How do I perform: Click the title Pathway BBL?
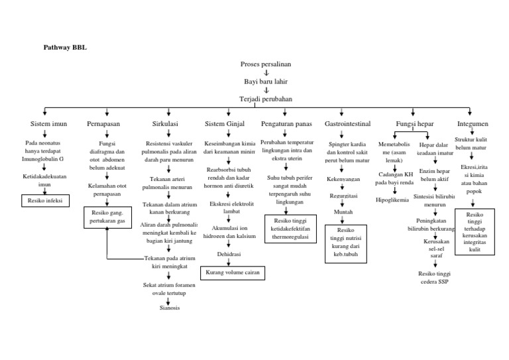pyautogui.click(x=65, y=48)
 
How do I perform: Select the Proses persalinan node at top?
pyautogui.click(x=266, y=64)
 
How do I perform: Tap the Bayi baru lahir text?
pyautogui.click(x=266, y=82)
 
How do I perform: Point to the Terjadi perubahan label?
pyautogui.click(x=266, y=99)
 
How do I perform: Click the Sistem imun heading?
pyautogui.click(x=48, y=124)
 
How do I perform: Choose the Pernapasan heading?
pyautogui.click(x=103, y=124)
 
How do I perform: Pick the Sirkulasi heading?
pyautogui.click(x=166, y=124)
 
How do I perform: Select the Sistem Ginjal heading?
pyautogui.click(x=225, y=124)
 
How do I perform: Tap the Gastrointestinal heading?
pyautogui.click(x=347, y=124)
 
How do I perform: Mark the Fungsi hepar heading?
pyautogui.click(x=415, y=124)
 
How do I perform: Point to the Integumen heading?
pyautogui.click(x=473, y=124)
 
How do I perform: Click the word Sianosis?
pyautogui.click(x=169, y=308)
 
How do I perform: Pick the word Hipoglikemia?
pyautogui.click(x=392, y=200)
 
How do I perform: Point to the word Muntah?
pyautogui.click(x=343, y=212)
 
